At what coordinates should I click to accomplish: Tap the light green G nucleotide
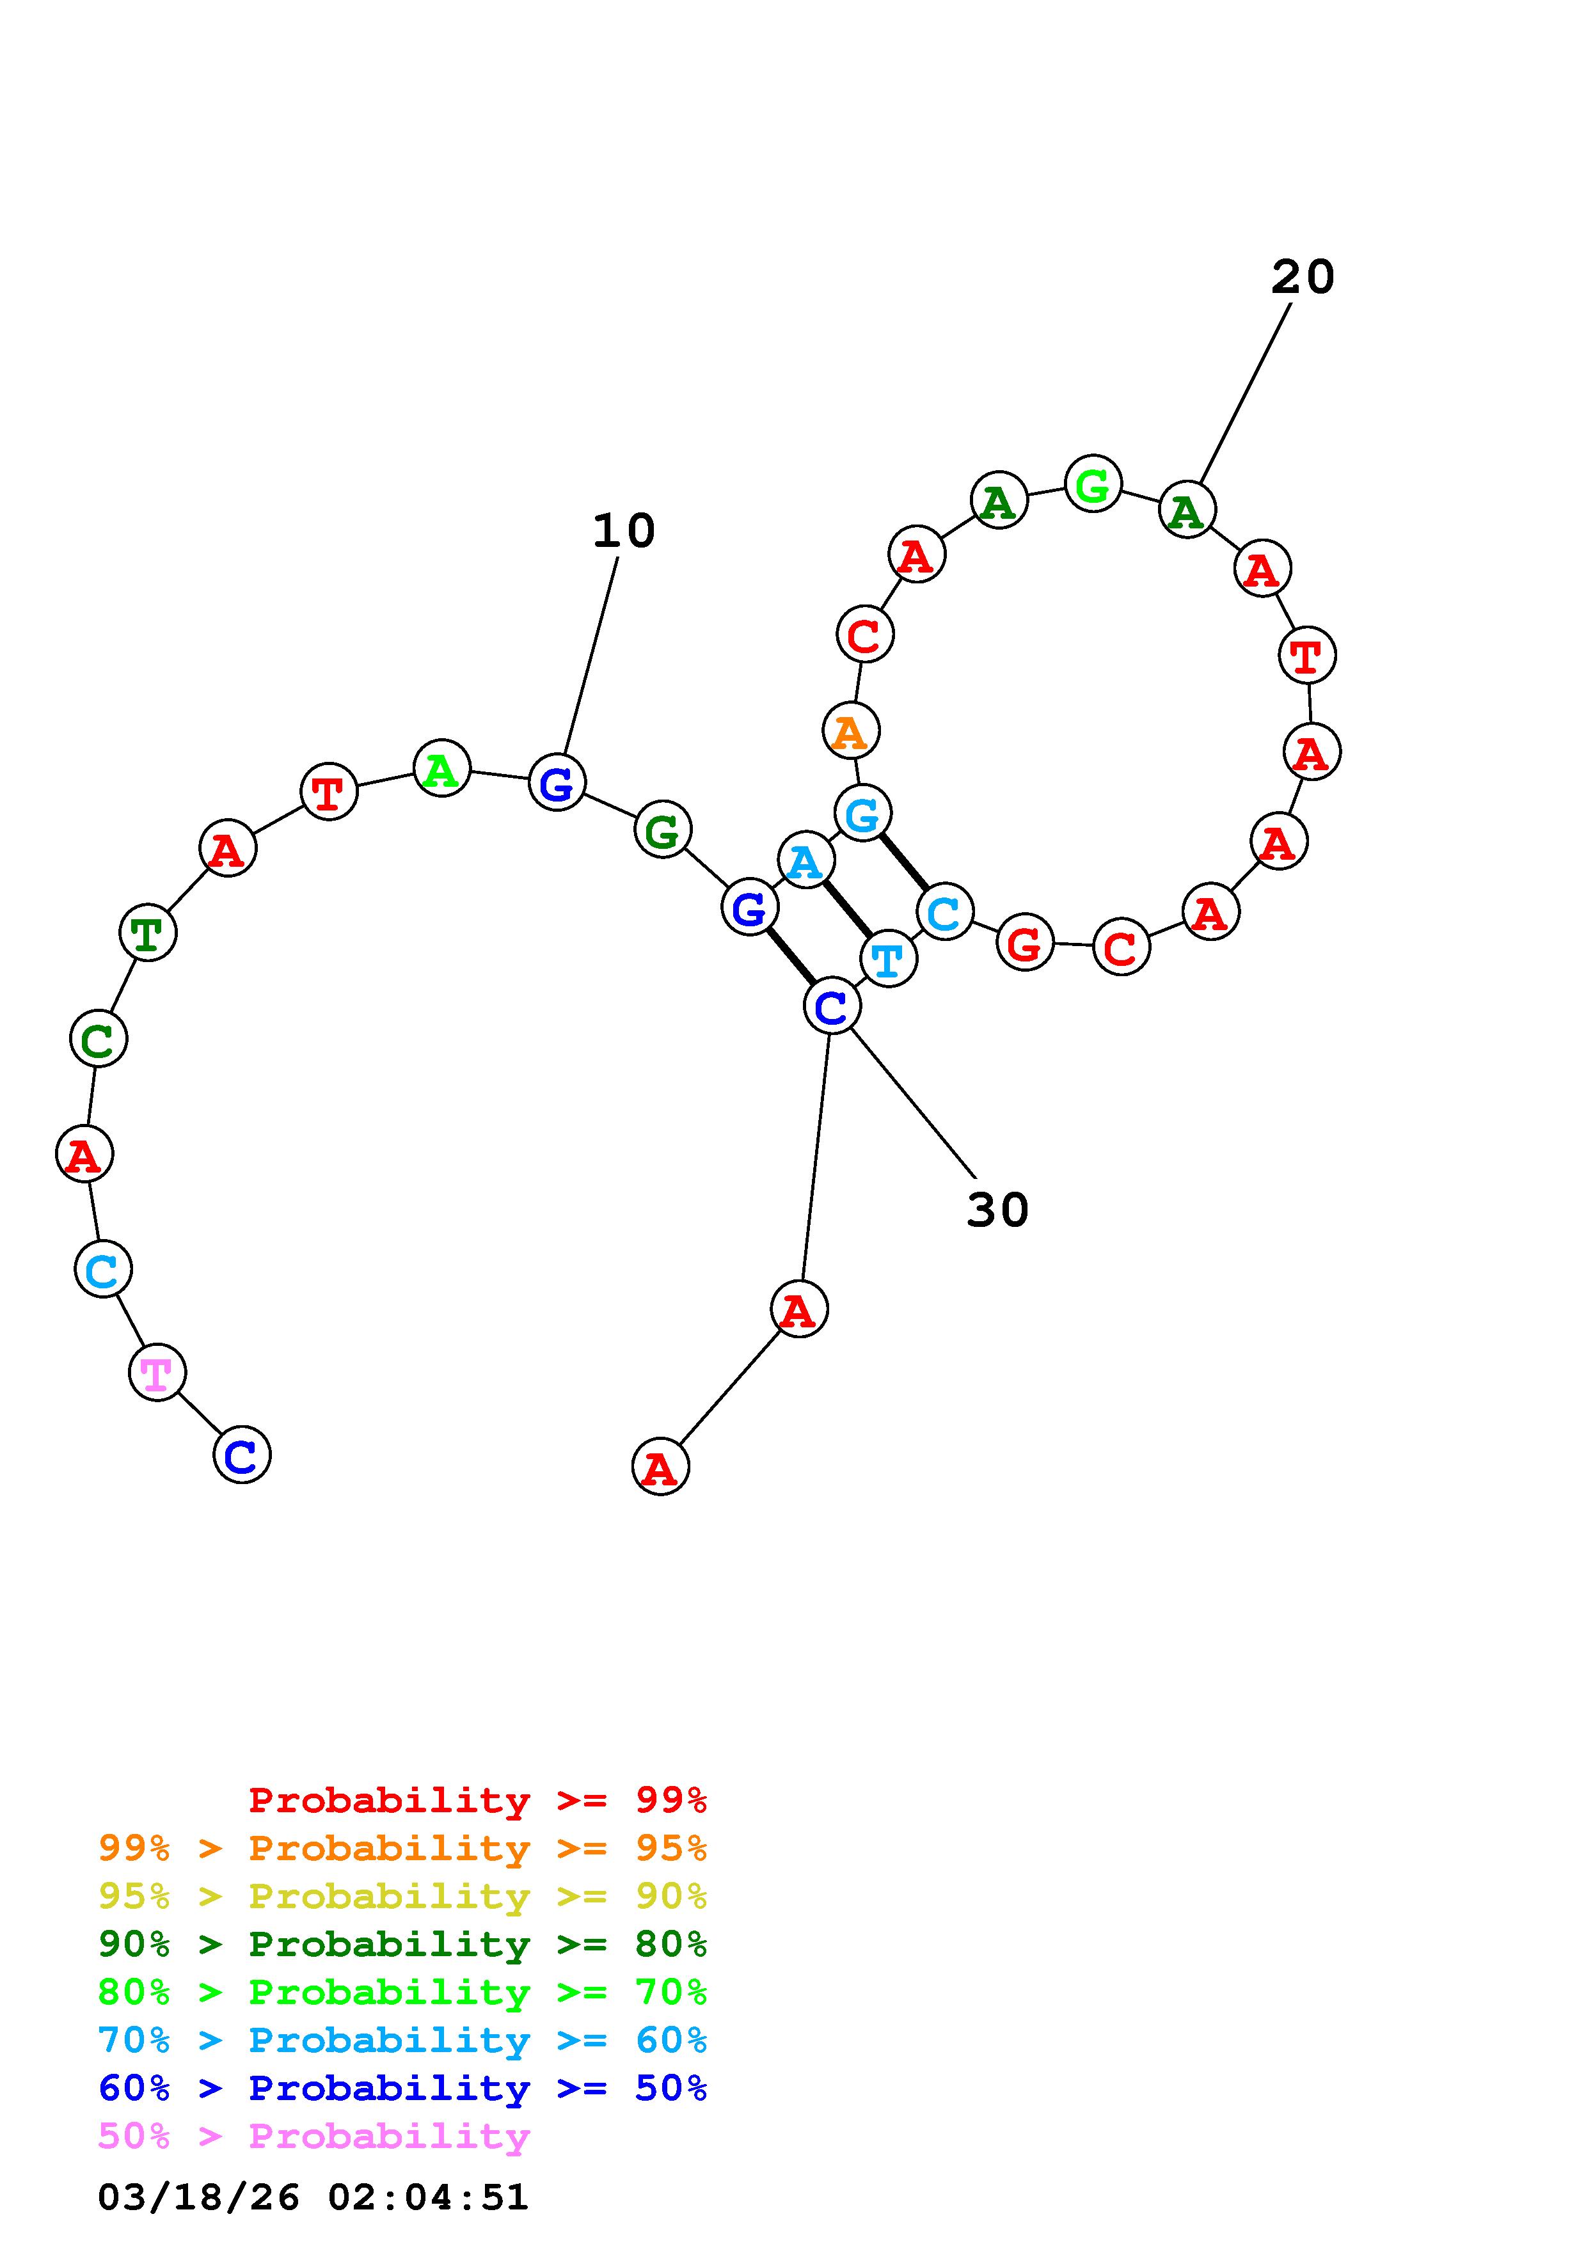(x=1093, y=483)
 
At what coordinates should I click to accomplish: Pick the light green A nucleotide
(x=441, y=768)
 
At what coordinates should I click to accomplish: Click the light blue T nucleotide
(x=888, y=959)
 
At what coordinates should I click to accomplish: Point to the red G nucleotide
(x=1024, y=943)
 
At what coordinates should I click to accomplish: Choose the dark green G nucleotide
(x=663, y=830)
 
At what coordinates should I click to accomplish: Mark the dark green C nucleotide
(x=98, y=1038)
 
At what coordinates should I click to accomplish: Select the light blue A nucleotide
(x=805, y=860)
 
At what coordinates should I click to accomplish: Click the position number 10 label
(x=623, y=531)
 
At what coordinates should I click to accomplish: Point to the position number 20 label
(x=1302, y=278)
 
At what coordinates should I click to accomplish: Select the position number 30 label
(x=997, y=1210)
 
